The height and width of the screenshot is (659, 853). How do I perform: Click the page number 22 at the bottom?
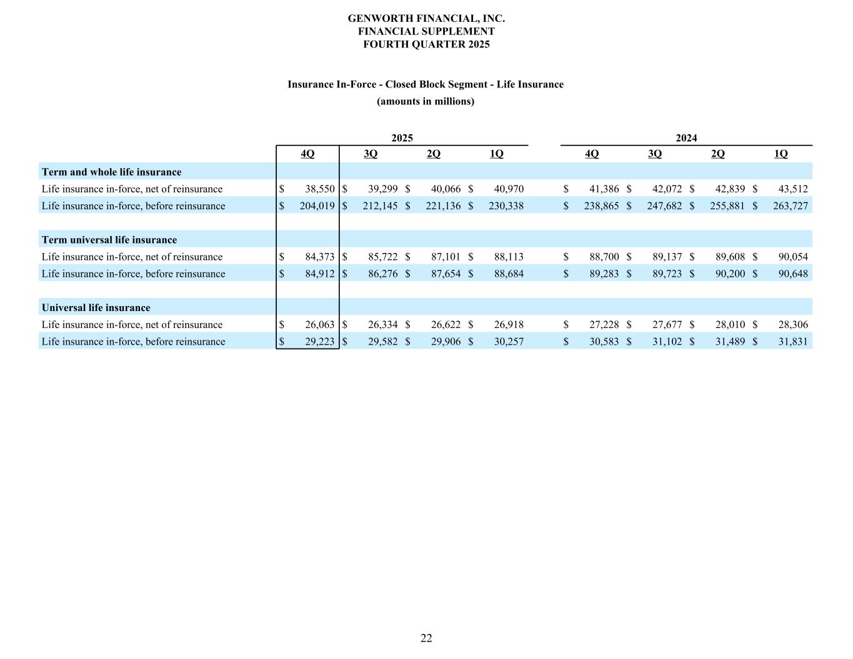pos(426,638)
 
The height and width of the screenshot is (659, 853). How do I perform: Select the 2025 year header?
pos(402,138)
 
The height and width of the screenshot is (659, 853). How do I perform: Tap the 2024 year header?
pos(686,138)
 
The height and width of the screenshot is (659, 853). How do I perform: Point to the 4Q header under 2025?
pos(307,154)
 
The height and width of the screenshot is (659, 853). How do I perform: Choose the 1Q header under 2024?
pos(781,154)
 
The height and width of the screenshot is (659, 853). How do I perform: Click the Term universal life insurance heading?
pos(109,240)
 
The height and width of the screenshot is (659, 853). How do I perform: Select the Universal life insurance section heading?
pos(96,307)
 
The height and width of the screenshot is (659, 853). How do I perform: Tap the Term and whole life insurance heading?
pos(111,172)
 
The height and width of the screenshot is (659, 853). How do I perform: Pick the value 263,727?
pos(790,206)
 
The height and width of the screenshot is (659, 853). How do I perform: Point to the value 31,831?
pos(792,342)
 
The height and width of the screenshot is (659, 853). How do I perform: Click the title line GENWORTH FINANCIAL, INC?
pos(426,18)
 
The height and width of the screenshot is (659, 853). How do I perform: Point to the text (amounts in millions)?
pos(426,101)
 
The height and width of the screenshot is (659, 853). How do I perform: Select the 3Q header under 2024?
pos(655,154)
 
